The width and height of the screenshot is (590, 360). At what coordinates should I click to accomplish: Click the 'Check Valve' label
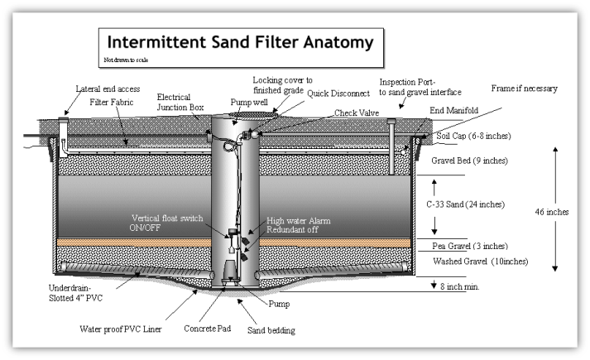[x=355, y=113]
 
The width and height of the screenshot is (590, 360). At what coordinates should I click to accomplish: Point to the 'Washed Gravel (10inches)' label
[x=476, y=262]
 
